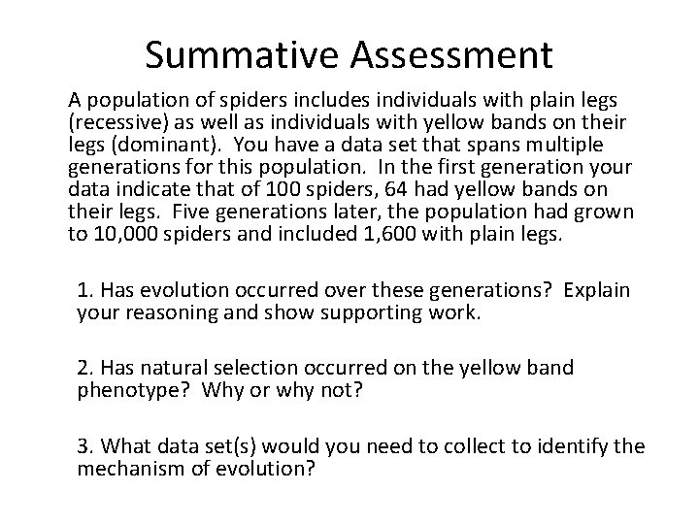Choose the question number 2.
85,368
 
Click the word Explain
595,290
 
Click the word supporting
390,311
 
